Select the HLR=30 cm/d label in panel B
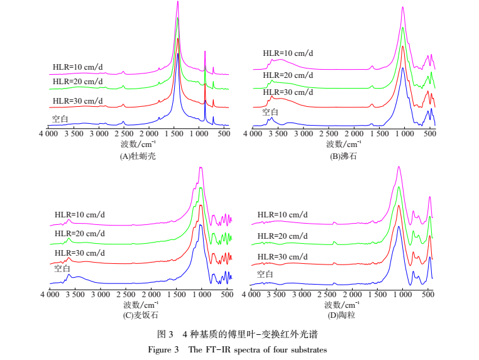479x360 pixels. coord(287,93)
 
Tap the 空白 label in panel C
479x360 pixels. coord(62,268)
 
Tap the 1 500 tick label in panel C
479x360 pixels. coord(177,295)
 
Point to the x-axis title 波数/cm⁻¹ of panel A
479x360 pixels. coord(138,145)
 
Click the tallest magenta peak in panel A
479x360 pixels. coord(178,3)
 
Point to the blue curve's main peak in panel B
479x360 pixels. coord(402,67)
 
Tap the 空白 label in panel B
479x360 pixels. coord(271,112)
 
